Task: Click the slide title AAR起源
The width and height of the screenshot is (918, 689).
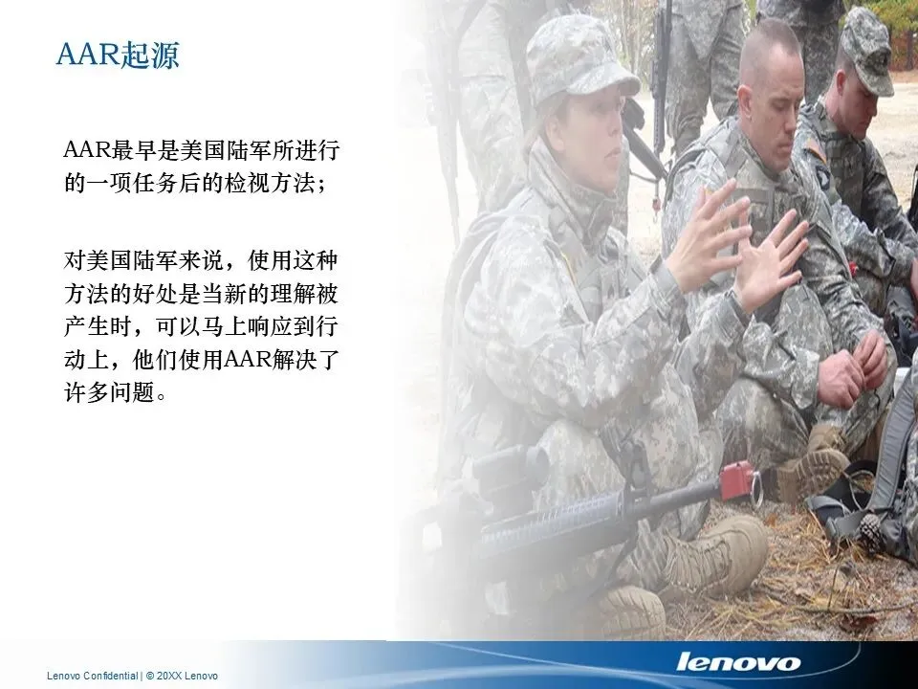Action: (117, 56)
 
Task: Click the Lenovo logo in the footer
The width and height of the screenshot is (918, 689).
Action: (737, 662)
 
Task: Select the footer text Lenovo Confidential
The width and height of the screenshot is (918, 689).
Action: (93, 676)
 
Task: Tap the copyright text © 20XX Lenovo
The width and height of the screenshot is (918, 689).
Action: (182, 676)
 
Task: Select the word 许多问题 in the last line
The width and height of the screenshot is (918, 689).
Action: (110, 392)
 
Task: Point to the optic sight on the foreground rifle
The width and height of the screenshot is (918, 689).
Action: (511, 470)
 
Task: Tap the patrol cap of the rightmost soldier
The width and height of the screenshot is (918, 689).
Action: (867, 50)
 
